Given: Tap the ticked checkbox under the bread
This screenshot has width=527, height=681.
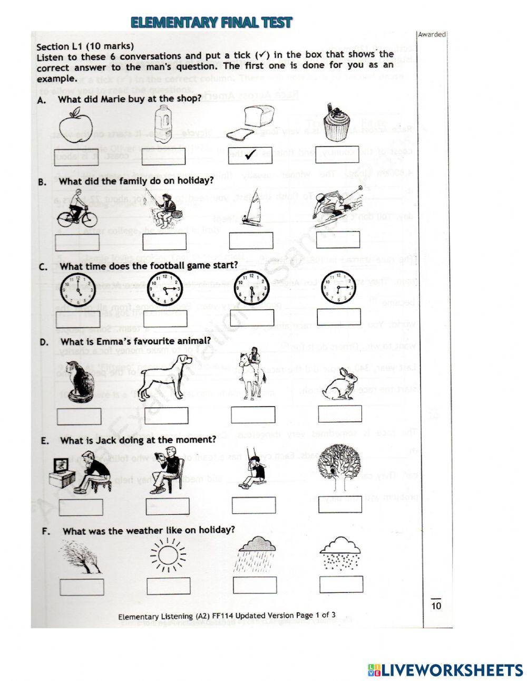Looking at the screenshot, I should click(250, 155).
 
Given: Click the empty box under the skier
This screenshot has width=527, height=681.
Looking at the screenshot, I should click(338, 239).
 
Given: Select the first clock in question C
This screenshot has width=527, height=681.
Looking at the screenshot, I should click(77, 290).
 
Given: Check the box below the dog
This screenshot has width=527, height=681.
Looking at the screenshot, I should click(167, 416).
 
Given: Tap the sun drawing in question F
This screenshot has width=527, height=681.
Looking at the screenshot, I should click(168, 555).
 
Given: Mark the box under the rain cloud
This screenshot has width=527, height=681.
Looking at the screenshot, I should click(255, 585).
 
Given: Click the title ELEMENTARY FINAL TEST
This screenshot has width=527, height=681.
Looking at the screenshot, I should click(211, 22).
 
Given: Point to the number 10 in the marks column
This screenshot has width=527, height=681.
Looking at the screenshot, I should click(436, 606).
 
